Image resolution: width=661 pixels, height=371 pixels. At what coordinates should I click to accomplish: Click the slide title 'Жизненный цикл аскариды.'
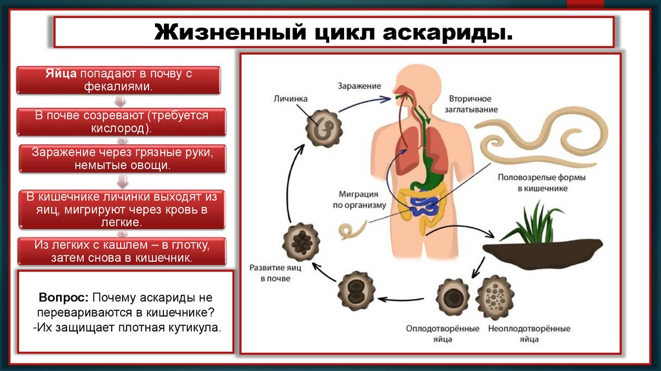tap(334, 32)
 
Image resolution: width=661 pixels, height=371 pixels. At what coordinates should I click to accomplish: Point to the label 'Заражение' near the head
tap(359, 86)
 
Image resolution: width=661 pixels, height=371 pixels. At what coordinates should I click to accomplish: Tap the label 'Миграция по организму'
tap(360, 199)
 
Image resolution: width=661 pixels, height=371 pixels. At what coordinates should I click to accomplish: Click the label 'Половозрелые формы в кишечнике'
tap(533, 182)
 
